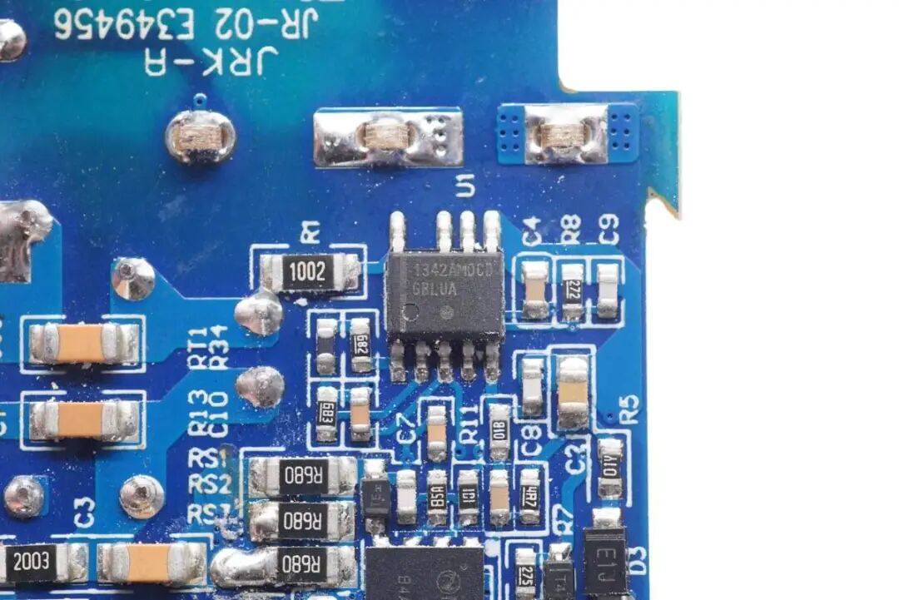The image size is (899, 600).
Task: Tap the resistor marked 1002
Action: [x=308, y=272]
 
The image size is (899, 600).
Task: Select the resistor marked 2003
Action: [x=31, y=563]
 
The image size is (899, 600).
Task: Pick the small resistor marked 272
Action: [x=572, y=291]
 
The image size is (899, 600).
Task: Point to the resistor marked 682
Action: [x=360, y=345]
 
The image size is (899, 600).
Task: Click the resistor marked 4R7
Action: [x=529, y=496]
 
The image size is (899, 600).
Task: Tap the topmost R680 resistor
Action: [x=303, y=477]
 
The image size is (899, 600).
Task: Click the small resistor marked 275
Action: [x=525, y=574]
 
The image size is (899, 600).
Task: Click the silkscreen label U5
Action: [x=464, y=188]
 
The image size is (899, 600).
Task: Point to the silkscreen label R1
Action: [x=310, y=232]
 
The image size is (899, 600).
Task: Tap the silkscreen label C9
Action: [x=609, y=230]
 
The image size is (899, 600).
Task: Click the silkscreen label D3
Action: [x=638, y=559]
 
